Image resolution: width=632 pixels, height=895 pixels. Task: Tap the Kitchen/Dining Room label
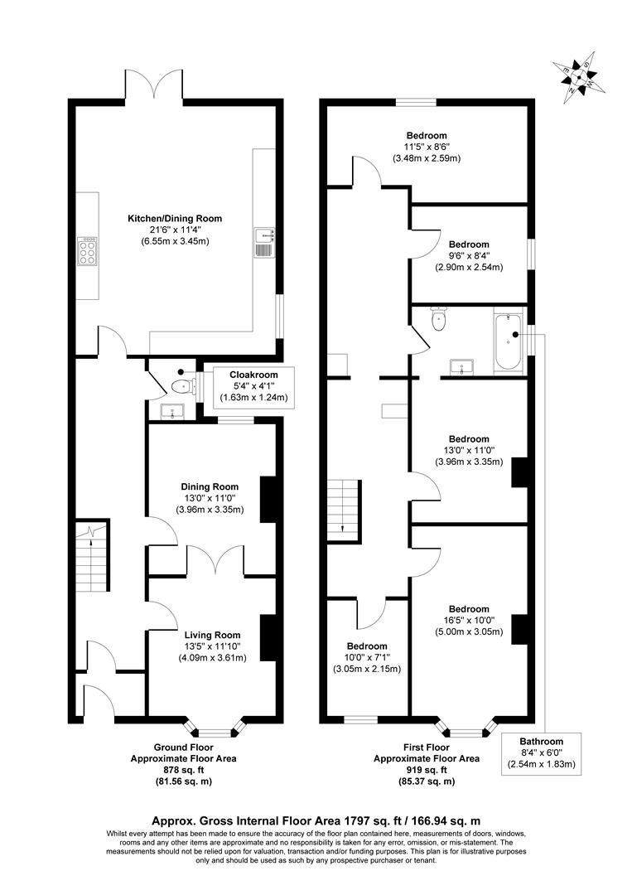[174, 219]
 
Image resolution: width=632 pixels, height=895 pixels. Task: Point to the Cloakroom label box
[253, 385]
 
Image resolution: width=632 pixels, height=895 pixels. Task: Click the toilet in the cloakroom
[179, 385]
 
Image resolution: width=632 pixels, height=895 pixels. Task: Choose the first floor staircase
[342, 508]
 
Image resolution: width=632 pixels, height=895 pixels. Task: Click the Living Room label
[212, 636]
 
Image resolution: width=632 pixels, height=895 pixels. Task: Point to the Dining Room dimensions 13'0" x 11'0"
[212, 498]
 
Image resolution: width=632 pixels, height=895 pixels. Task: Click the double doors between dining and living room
[215, 561]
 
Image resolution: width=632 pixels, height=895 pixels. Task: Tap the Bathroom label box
[541, 752]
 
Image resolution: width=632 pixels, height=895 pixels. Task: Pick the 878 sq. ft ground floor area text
[184, 768]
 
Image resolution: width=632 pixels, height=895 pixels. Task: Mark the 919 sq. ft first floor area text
[426, 768]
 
